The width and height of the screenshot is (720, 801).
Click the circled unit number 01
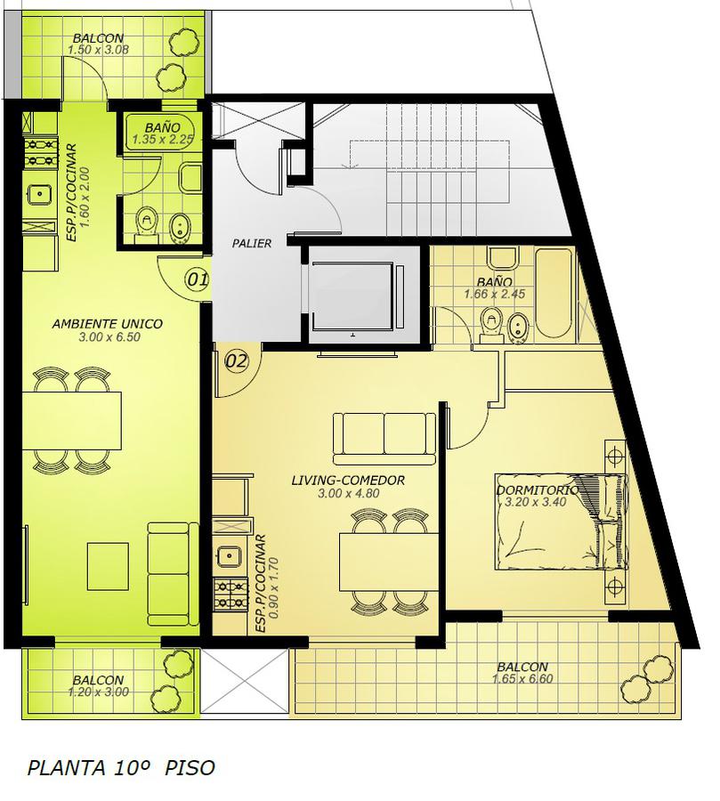point(198,279)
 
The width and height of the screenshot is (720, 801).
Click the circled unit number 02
point(237,361)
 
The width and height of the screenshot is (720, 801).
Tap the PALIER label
point(251,244)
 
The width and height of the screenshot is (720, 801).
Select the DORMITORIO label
point(537,489)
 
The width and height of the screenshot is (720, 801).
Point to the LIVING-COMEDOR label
point(348,481)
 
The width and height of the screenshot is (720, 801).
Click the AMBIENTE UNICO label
point(108,323)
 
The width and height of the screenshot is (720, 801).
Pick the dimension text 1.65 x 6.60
point(522,679)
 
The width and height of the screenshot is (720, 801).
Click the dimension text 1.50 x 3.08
point(98,50)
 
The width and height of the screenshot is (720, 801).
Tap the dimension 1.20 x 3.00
point(98,692)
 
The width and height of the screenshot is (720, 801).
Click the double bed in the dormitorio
point(561,522)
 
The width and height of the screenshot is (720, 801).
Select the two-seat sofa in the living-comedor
point(384,439)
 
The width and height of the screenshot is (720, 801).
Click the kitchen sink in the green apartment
point(39,194)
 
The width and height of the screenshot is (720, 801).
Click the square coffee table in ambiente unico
point(108,566)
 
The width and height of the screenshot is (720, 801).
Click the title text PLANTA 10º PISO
point(121,768)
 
